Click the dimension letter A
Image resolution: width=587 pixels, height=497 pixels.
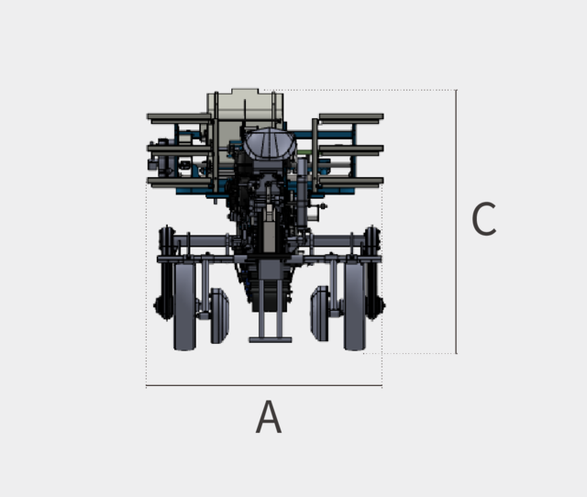click(x=269, y=417)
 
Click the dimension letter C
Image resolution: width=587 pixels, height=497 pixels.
click(x=484, y=219)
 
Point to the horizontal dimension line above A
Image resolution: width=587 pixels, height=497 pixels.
click(x=264, y=385)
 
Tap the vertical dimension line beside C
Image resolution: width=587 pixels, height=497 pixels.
click(x=456, y=222)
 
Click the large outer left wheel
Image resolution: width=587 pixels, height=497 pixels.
click(x=185, y=306)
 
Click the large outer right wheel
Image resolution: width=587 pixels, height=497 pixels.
click(x=355, y=306)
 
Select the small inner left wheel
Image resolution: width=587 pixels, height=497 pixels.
click(x=220, y=315)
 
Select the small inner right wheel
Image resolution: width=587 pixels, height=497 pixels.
click(x=319, y=314)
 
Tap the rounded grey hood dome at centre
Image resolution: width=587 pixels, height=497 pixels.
click(x=270, y=143)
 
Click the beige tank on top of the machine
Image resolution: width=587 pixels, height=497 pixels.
click(x=245, y=112)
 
